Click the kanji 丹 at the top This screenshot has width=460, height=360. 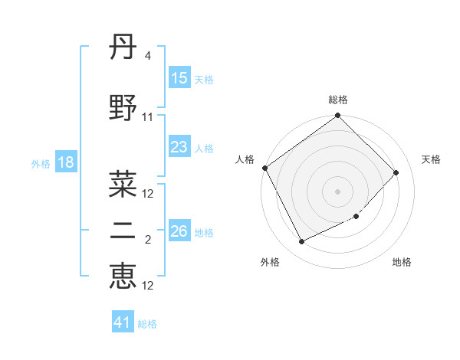point(123,51)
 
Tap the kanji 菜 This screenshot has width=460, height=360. point(123,183)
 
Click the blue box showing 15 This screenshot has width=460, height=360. point(179,78)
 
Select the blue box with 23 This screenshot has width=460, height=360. point(179,148)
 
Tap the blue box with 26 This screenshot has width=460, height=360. point(179,232)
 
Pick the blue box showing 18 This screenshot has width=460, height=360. point(65,163)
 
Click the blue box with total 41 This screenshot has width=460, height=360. point(123,322)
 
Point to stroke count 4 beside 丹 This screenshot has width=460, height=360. point(147,56)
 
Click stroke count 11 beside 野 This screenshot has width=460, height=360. point(147,117)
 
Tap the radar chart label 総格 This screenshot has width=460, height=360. point(338,100)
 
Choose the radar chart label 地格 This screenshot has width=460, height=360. point(402,262)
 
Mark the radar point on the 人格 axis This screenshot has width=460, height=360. point(264,168)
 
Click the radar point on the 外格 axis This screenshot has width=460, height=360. point(301,242)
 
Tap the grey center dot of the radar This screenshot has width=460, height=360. point(337,191)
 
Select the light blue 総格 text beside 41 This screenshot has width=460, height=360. point(147,324)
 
